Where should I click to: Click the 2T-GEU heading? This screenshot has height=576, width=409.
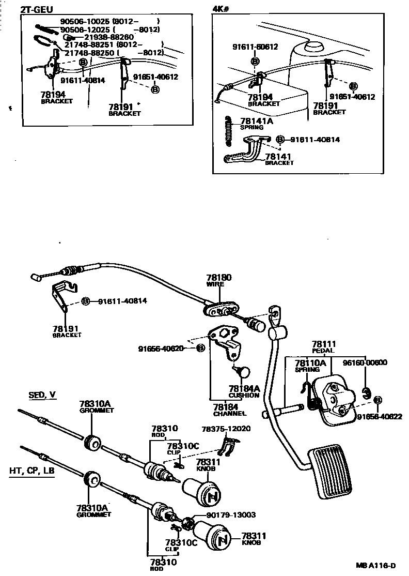pyautogui.click(x=36, y=9)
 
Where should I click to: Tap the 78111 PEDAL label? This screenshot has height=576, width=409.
pyautogui.click(x=324, y=347)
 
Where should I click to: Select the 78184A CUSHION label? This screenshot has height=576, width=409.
pyautogui.click(x=244, y=391)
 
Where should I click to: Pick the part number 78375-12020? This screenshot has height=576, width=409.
pyautogui.click(x=226, y=429)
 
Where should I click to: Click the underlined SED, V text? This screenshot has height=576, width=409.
pyautogui.click(x=42, y=395)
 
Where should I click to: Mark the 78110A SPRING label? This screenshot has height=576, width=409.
pyautogui.click(x=310, y=366)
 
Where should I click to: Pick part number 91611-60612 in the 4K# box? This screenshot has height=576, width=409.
pyautogui.click(x=255, y=47)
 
